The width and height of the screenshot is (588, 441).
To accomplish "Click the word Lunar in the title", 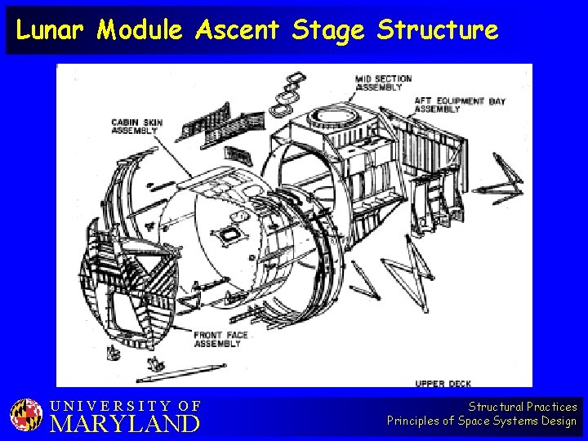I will [x=51, y=31].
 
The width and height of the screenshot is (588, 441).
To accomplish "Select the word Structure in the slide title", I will [x=437, y=31].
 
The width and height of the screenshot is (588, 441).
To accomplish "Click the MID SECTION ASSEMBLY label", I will [x=383, y=82].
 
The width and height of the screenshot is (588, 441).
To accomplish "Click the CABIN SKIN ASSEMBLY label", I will [x=137, y=127].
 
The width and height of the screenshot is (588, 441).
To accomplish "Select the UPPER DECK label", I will [x=443, y=383].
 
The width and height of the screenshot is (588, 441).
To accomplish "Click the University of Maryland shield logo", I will [x=26, y=415].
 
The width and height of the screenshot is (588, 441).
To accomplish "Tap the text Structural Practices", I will [x=522, y=407].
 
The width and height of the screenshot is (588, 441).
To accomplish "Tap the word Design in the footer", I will [x=558, y=421].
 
